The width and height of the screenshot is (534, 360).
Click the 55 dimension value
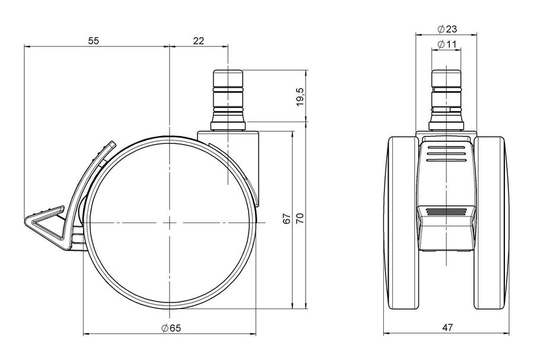point(93,41)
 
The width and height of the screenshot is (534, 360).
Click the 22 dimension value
point(199,41)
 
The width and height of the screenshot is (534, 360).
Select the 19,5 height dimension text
point(300,97)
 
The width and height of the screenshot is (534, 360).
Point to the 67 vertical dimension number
point(287,219)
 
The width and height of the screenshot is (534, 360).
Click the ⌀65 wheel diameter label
point(171,328)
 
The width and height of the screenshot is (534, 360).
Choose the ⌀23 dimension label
point(447,29)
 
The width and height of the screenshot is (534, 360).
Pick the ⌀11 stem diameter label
point(446,44)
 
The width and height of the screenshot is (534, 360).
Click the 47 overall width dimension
point(447,327)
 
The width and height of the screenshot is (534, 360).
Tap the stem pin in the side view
point(228,100)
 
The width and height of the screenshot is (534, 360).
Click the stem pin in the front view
point(446,100)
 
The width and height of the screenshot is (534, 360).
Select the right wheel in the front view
point(491,223)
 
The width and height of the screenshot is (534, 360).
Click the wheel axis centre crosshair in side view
point(170,223)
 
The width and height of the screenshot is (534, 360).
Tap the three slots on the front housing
point(446,153)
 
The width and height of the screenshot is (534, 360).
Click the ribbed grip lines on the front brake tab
point(446,211)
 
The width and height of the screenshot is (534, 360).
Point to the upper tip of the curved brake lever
point(112,143)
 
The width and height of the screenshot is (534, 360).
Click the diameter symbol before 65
point(165,328)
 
